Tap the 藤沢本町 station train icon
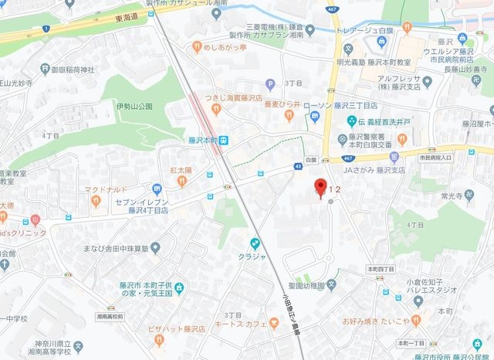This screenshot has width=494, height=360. tap(222, 141)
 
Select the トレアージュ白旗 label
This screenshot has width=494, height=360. tap(362, 31)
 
